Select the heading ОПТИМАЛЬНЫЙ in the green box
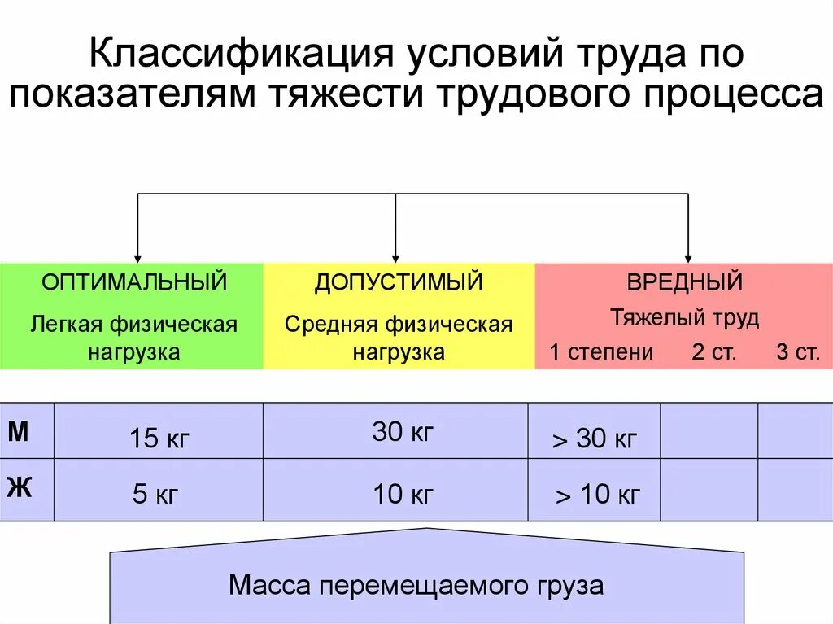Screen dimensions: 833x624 click(135, 282)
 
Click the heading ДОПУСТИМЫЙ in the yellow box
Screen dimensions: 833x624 click(399, 282)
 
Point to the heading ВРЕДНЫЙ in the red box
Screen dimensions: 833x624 click(684, 282)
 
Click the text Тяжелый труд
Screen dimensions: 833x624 click(684, 317)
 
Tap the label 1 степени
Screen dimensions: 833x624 click(601, 352)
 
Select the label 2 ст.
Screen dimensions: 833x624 click(713, 352)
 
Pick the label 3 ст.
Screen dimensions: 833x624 click(797, 352)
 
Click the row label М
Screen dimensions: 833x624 click(19, 432)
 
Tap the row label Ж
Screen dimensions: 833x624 click(19, 488)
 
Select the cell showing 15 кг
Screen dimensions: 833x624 click(159, 440)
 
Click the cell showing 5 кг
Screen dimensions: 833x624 click(155, 494)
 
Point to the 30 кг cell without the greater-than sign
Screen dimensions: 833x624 click(403, 432)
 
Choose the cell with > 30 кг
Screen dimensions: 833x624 click(595, 440)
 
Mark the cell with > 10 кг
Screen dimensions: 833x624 click(597, 494)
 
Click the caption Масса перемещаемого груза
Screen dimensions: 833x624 click(416, 586)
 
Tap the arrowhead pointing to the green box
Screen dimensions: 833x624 click(137, 257)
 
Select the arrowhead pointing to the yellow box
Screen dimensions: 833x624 click(395, 257)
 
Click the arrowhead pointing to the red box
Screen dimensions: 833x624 click(688, 257)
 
